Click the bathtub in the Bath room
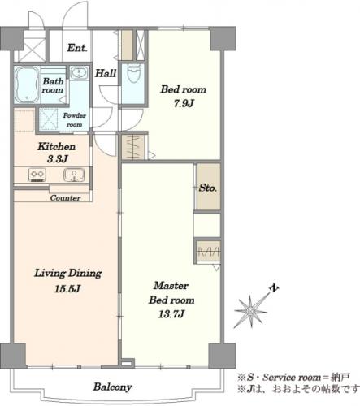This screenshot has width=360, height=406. (26, 84)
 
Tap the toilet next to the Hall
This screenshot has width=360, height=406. (133, 73)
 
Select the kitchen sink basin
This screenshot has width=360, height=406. (74, 175)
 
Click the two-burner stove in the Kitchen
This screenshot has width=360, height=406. (37, 175)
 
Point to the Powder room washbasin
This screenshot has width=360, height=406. (79, 72)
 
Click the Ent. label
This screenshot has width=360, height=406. (77, 48)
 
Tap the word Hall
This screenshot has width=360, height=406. (106, 73)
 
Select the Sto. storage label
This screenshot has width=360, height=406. (208, 188)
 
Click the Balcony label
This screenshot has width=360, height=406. (113, 387)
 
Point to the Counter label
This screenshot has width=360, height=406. (65, 198)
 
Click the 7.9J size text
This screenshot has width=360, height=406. (184, 103)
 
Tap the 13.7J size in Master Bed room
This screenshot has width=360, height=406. (171, 314)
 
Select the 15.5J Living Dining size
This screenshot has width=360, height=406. (67, 288)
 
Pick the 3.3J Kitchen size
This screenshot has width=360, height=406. (57, 159)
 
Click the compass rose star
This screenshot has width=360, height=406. (251, 312)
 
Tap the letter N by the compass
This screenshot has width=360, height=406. (274, 288)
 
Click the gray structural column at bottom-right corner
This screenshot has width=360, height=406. (222, 356)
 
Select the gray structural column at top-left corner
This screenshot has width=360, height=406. (12, 38)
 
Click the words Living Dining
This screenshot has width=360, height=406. (68, 274)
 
